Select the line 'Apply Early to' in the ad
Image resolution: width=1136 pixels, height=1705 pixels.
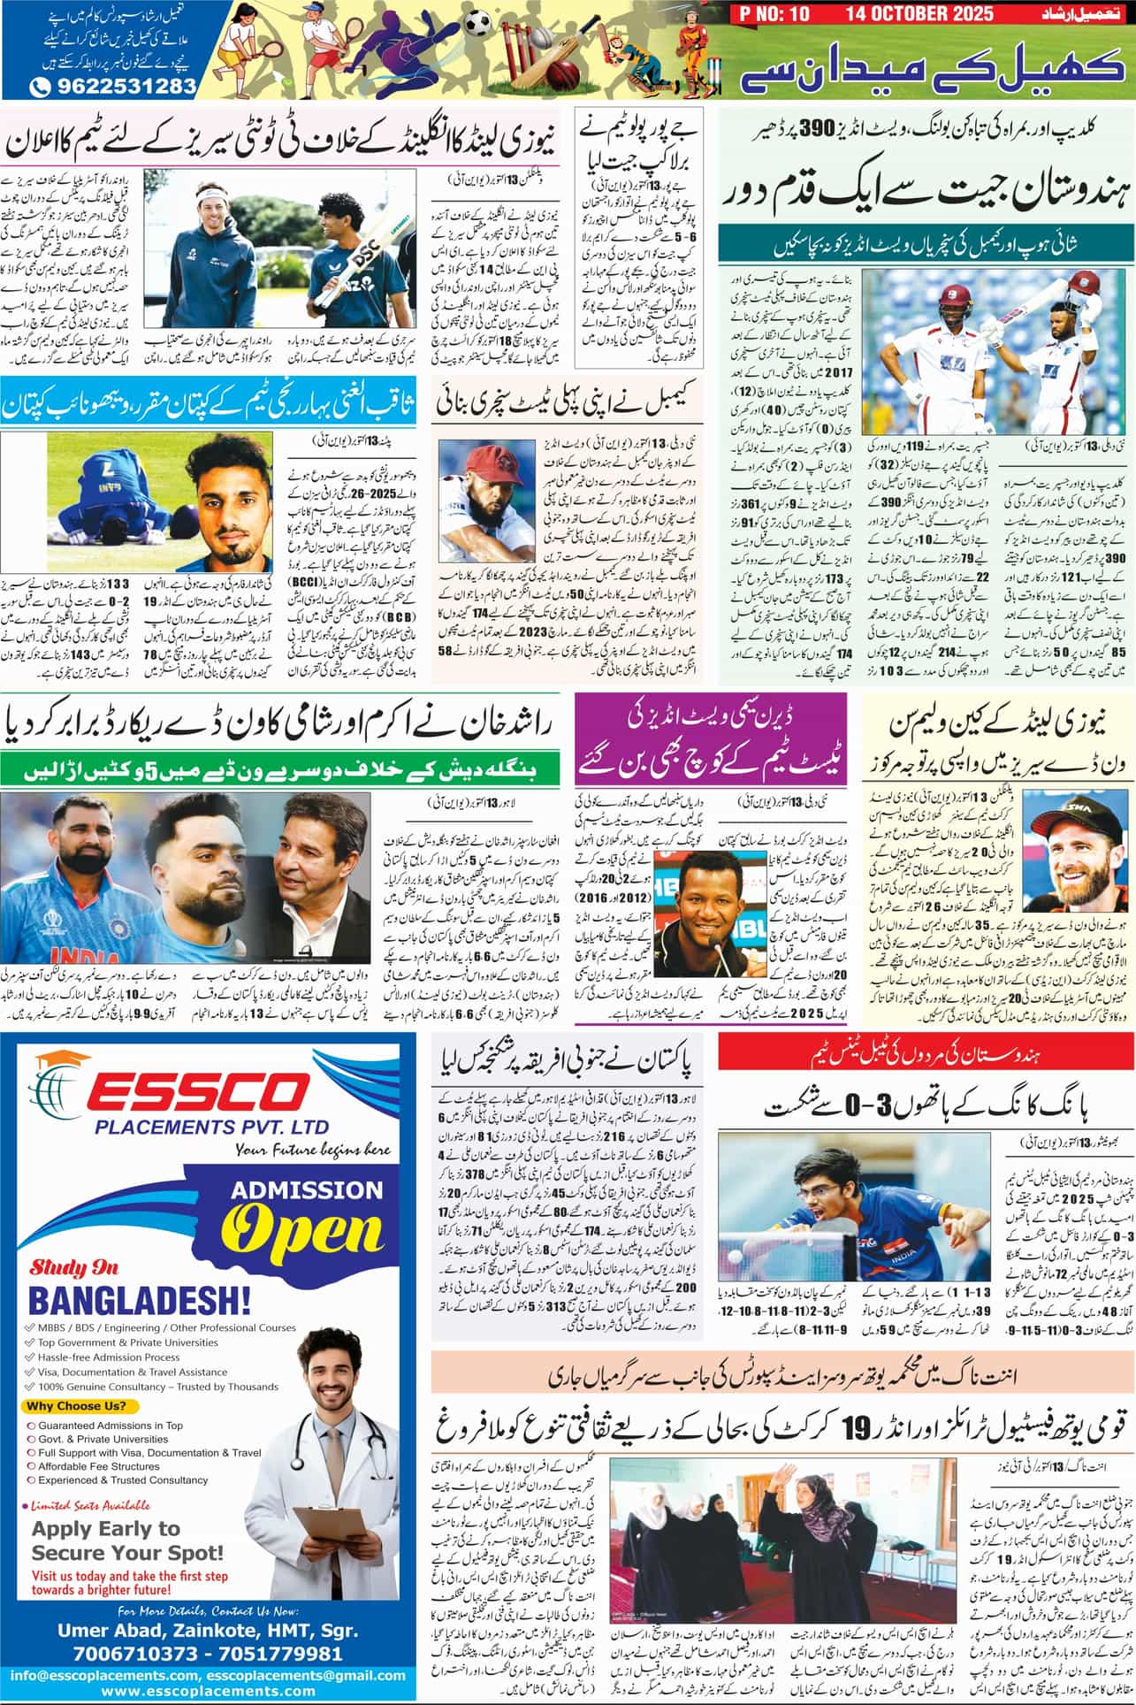click(106, 1529)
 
